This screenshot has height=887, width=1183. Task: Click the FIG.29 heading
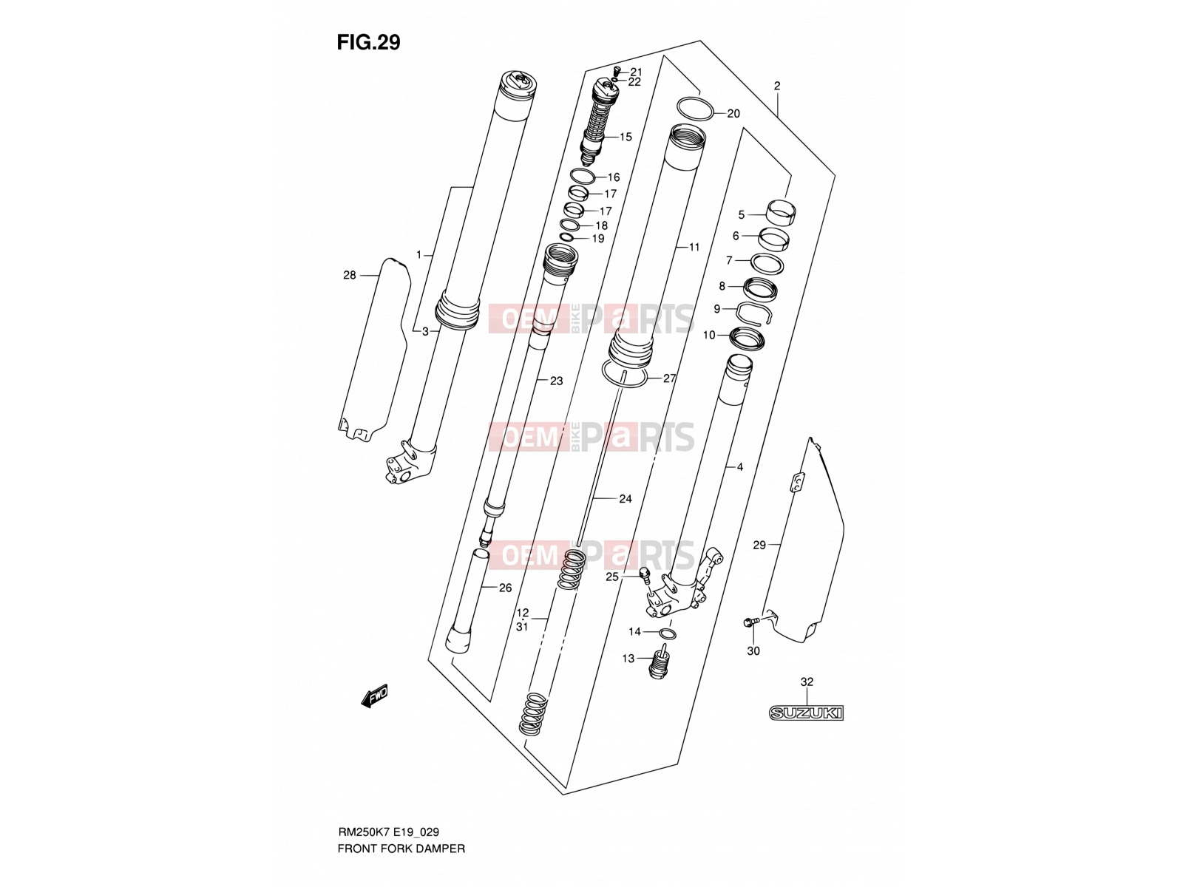click(x=368, y=42)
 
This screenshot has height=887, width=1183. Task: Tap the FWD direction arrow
click(x=374, y=696)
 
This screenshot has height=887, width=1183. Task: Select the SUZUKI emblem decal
click(x=806, y=713)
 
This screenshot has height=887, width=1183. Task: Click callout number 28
click(x=349, y=275)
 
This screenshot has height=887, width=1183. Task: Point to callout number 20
click(x=733, y=114)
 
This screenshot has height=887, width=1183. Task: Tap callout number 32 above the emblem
click(x=806, y=682)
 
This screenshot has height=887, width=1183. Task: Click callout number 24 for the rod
click(x=626, y=499)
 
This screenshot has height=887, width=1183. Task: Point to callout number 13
click(x=628, y=658)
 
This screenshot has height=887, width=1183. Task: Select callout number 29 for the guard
click(x=759, y=545)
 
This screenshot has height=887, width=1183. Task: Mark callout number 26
click(x=505, y=588)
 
